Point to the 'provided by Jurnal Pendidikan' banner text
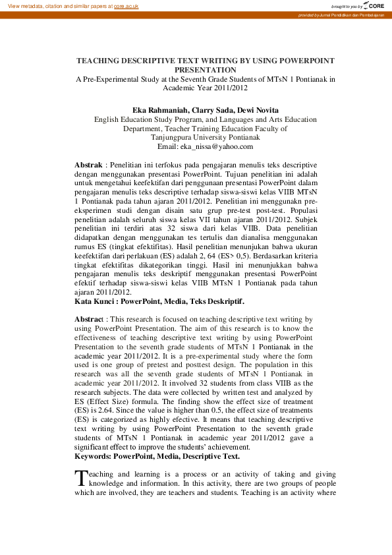[x=341, y=15]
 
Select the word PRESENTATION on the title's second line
[x=205, y=69]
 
